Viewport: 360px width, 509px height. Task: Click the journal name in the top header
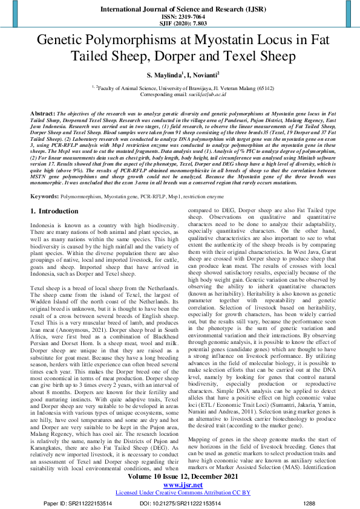pyautogui.click(x=180, y=10)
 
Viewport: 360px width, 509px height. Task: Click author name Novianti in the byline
pyautogui.click(x=202, y=75)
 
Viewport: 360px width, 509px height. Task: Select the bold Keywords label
pyautogui.click(x=44, y=196)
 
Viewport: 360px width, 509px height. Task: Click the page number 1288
pyautogui.click(x=309, y=502)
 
